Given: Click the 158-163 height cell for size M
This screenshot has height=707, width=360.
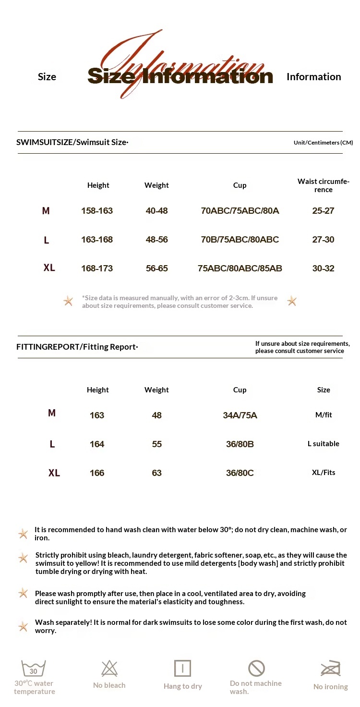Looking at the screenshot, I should [97, 211].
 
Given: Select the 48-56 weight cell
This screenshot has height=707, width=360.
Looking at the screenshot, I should [157, 240].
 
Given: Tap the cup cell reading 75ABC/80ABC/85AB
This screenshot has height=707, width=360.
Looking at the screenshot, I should [240, 268].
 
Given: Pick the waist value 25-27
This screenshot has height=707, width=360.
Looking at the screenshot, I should [323, 211].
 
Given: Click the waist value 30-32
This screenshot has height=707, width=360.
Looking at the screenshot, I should [323, 268].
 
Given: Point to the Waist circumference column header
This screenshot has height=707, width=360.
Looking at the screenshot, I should [323, 185].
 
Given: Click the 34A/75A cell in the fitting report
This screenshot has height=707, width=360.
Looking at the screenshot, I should [240, 415].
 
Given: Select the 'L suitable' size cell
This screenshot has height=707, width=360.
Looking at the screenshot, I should [323, 444].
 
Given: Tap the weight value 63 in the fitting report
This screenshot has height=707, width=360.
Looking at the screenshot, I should [157, 473].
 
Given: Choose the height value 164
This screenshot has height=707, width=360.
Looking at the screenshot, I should [97, 444].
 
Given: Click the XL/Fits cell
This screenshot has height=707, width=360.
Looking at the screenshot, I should [324, 473].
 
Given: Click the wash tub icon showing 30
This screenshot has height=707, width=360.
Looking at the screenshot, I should [34, 669].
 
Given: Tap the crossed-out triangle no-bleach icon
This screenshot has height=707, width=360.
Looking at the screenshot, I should [109, 669].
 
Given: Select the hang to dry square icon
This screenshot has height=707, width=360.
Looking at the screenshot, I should [182, 669].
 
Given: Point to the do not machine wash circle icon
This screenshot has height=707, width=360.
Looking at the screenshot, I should [256, 668].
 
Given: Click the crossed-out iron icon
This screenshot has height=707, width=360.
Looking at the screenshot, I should [331, 669].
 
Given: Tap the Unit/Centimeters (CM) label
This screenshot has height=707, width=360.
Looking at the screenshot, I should [323, 143].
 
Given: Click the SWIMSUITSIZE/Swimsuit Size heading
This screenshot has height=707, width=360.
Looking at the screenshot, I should [72, 142].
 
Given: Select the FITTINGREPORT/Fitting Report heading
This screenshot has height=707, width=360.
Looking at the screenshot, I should [77, 347].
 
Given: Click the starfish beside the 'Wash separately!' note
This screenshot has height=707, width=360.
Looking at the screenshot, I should [23, 627].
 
